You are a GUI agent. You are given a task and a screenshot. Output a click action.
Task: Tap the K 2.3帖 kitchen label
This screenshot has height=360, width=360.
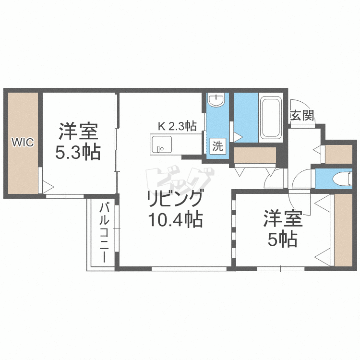pos(177,126)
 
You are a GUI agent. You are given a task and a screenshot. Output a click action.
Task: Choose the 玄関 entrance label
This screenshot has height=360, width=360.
pos(302,116)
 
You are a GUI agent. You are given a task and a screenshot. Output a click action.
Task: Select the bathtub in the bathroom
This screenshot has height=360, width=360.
pos(272,118)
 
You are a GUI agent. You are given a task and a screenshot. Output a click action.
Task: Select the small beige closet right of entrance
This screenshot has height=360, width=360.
pos(339,153)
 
